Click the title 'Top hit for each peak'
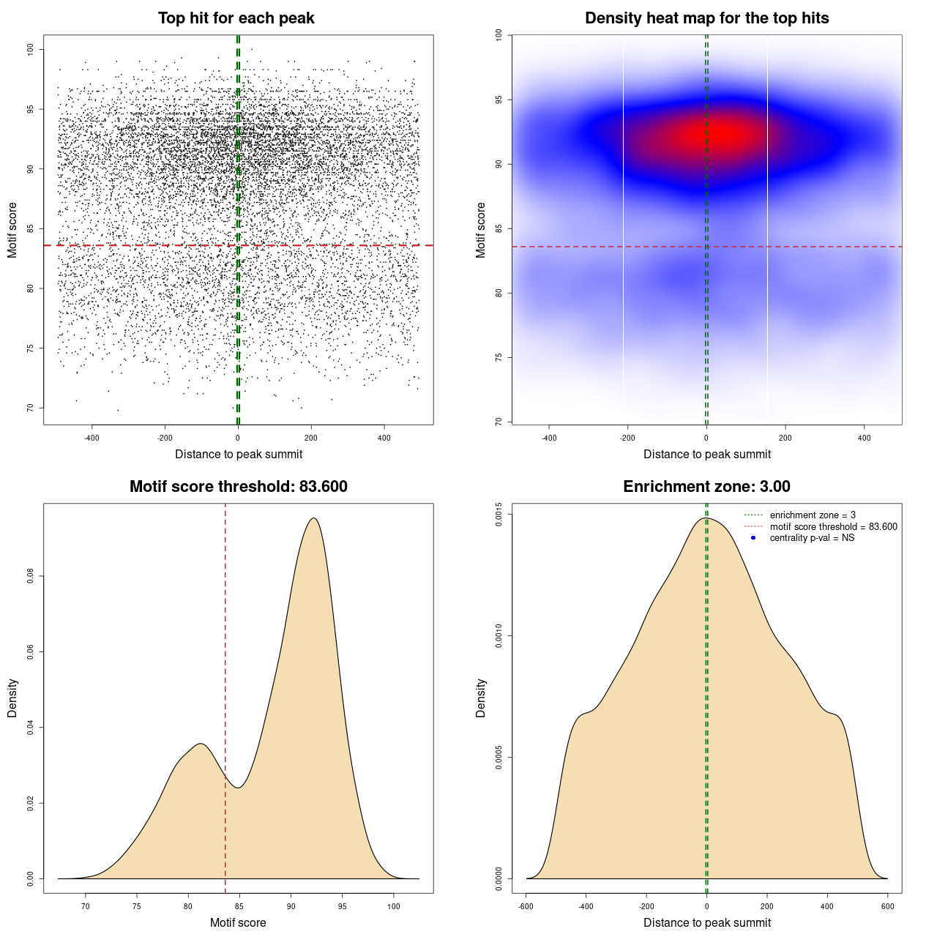coord(236,18)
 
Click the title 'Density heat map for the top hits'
coord(706,18)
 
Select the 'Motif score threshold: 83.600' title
coord(238,487)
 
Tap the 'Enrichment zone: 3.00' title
coord(706,487)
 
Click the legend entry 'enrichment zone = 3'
coord(813,515)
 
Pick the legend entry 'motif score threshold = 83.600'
coord(833,526)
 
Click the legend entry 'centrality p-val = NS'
coord(812,538)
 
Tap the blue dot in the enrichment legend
coord(753,538)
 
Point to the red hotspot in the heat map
coord(721,134)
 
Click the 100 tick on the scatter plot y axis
coord(30,49)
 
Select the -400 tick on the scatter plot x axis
coord(92,438)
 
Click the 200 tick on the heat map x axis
coord(785,438)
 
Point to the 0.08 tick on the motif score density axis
coord(30,576)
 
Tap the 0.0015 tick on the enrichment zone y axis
coord(499,515)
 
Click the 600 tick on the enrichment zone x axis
coord(887,906)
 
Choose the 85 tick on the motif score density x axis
coord(239,906)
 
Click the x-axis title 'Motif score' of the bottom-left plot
coord(238,922)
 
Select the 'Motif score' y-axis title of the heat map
coord(481,230)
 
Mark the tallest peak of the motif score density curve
coord(314,518)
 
